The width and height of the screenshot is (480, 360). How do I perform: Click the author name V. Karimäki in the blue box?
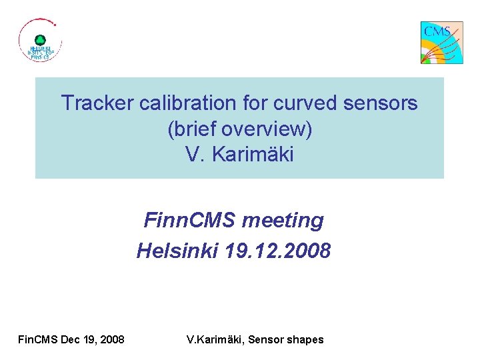(239, 155)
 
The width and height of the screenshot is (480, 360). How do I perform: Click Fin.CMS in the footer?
(37, 340)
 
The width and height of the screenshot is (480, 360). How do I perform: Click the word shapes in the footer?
(303, 340)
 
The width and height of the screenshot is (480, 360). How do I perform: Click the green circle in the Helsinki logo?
(39, 40)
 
